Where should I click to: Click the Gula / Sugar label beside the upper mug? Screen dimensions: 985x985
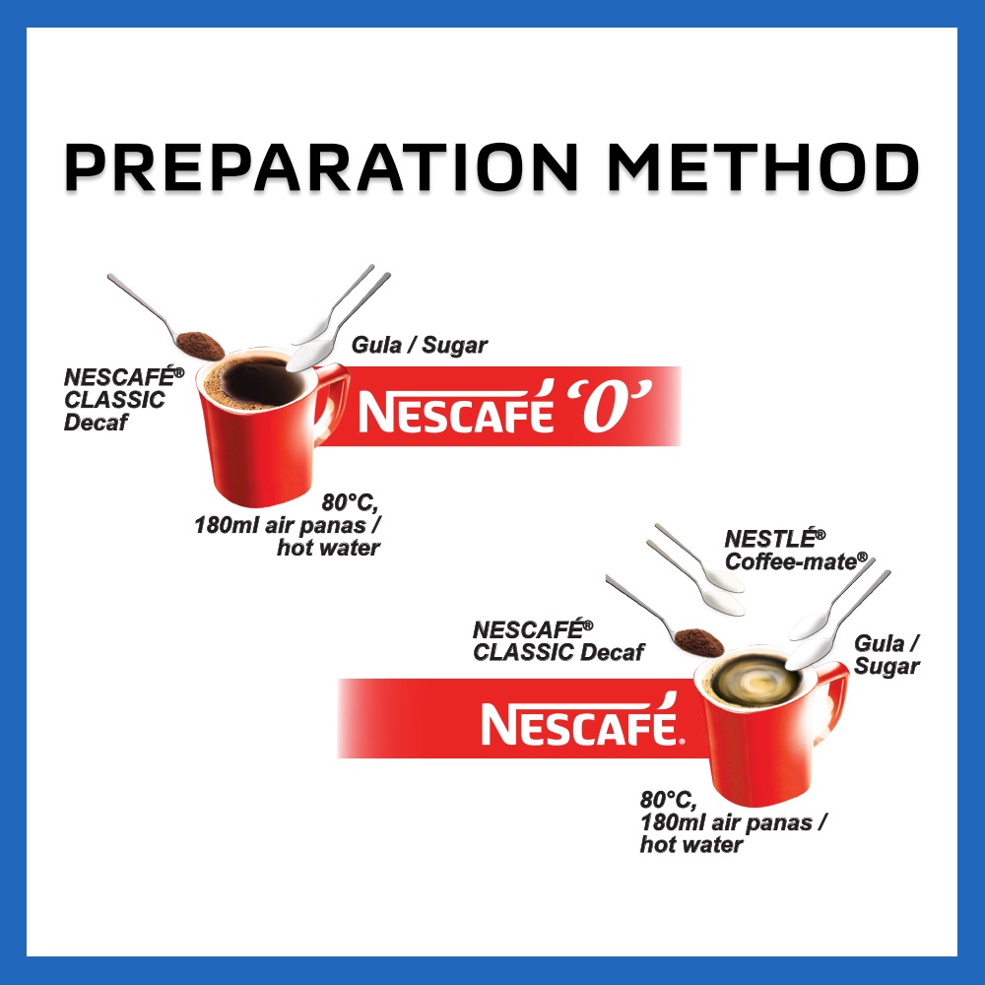point(420,346)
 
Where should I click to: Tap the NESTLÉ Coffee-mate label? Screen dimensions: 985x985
point(796,551)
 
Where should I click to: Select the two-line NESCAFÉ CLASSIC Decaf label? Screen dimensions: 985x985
point(558,640)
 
